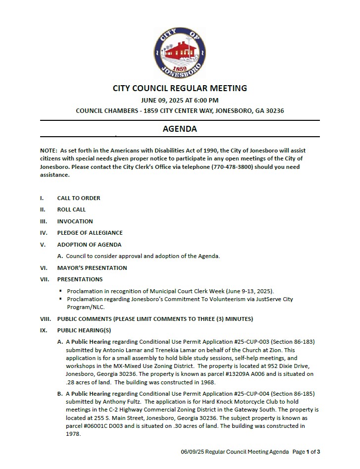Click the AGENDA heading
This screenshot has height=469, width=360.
coord(180,129)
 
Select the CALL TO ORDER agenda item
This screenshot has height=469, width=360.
coord(78,198)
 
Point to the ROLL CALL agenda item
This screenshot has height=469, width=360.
coord(71,209)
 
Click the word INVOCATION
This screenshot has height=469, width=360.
coord(75,221)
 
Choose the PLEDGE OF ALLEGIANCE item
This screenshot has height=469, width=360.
coord(90,233)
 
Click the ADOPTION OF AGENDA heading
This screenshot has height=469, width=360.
coord(89,245)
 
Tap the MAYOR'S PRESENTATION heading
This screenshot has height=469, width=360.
coord(92,268)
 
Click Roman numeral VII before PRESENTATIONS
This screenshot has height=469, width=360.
coord(44,279)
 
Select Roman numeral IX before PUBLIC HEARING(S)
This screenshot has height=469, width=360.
coord(44,330)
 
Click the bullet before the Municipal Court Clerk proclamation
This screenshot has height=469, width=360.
coord(60,291)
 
